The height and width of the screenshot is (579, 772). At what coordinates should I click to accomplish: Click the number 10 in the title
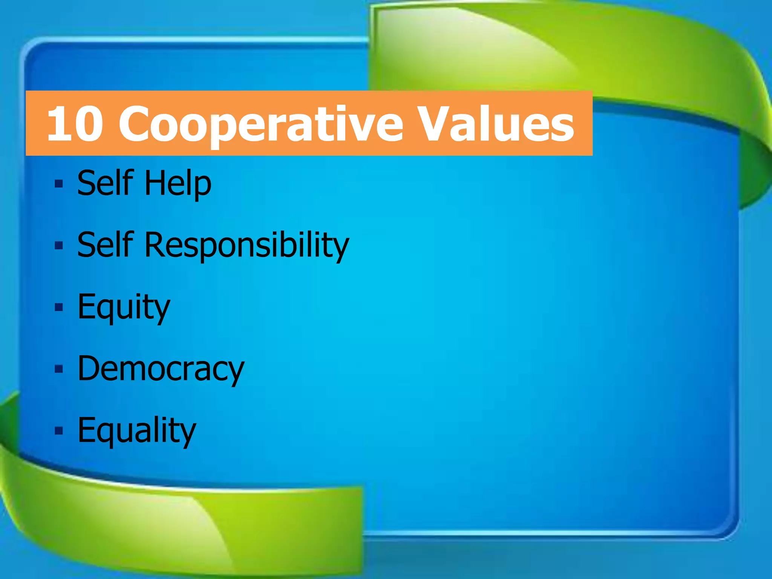point(75,124)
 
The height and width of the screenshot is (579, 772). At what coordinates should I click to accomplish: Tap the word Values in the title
point(496,124)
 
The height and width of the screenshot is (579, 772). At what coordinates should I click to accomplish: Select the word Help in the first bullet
point(178,184)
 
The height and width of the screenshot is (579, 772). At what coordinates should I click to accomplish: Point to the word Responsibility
point(247,245)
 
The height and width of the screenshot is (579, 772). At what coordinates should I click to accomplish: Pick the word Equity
point(124,308)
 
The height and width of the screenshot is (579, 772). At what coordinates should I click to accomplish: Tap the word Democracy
point(161,369)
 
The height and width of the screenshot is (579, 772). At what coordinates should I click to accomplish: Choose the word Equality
point(136,431)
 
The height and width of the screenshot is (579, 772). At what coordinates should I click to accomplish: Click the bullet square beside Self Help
point(58,184)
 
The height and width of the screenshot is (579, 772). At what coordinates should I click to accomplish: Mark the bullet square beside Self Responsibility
point(58,246)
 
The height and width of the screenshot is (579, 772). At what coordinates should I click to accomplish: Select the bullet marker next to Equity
point(58,308)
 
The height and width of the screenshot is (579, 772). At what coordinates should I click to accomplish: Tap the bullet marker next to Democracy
point(58,369)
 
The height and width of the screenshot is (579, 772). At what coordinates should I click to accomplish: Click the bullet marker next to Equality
point(58,430)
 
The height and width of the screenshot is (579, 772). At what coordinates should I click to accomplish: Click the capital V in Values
point(437,124)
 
